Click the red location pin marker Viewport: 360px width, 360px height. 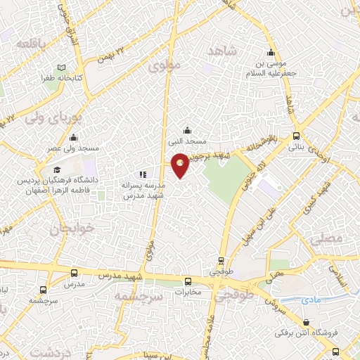point(181,164)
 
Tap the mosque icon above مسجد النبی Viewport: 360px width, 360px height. point(187,129)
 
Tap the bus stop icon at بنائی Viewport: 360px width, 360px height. point(296,136)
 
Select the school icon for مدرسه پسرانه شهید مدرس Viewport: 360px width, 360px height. point(143,174)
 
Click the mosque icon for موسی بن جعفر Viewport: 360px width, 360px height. point(271,53)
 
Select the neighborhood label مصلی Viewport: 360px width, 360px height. point(345,238)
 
